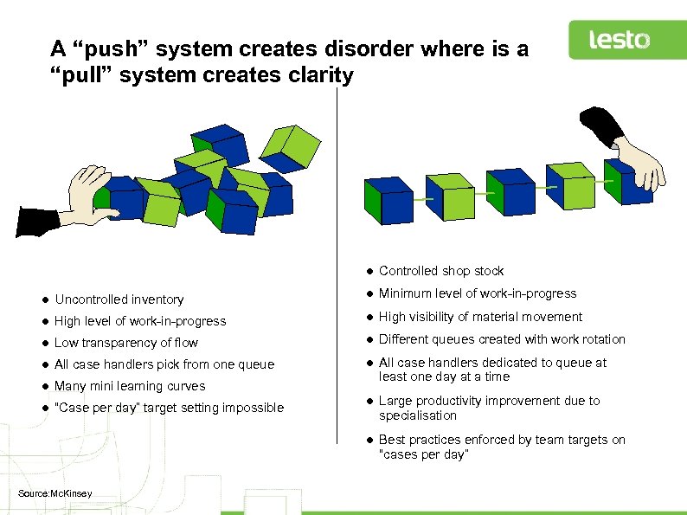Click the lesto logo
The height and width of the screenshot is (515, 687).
619,40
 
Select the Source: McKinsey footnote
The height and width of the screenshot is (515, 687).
55,494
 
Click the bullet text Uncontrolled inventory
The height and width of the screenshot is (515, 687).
119,299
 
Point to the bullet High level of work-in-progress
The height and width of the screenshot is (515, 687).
140,321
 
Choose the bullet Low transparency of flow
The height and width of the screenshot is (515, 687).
126,343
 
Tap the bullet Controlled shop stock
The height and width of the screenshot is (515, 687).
441,271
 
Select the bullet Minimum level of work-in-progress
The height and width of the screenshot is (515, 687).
478,293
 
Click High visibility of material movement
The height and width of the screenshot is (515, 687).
480,317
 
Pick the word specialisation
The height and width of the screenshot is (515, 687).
417,415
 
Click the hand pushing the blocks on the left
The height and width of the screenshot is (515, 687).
82,195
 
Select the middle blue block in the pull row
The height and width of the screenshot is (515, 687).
510,192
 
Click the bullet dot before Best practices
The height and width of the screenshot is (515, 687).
368,440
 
